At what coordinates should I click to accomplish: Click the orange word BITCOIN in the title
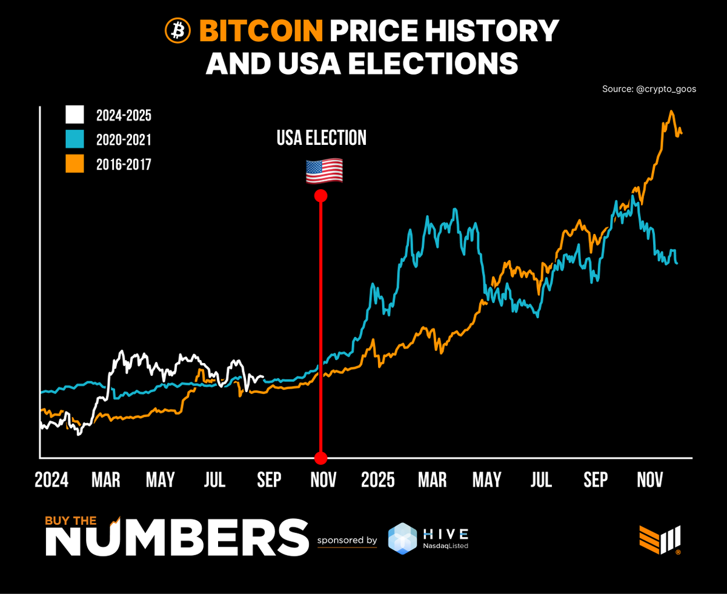pos(261,30)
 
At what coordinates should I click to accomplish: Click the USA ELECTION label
pos(321,138)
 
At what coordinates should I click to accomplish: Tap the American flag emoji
pos(324,172)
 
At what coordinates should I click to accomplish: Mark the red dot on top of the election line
pos(321,196)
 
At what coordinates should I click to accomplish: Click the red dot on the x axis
pos(321,457)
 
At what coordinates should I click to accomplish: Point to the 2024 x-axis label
pos(51,480)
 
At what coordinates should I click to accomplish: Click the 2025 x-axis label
pos(377,480)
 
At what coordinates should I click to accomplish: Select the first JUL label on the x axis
pos(215,480)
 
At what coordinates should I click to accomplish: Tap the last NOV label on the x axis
pos(649,480)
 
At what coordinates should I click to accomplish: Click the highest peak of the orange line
pos(671,112)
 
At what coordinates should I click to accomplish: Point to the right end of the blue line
pos(677,263)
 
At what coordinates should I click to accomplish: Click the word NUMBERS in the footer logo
pos(176,538)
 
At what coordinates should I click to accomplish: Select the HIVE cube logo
pos(403,538)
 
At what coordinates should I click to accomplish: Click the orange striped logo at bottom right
pos(660,538)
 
